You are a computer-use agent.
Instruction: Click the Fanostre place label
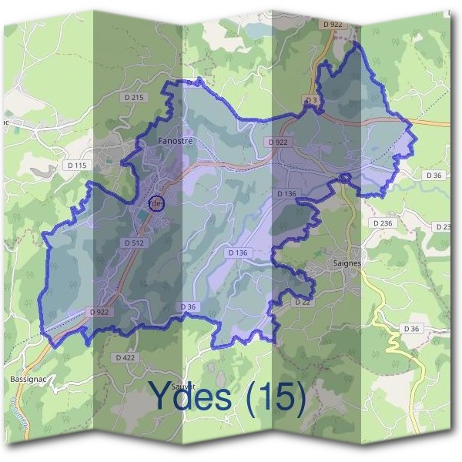pyautogui.click(x=174, y=142)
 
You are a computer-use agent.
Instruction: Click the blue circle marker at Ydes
pyautogui.click(x=157, y=202)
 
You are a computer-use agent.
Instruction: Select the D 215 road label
pyautogui.click(x=133, y=98)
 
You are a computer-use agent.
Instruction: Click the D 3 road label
pyautogui.click(x=311, y=100)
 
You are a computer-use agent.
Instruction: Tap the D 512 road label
pyautogui.click(x=134, y=243)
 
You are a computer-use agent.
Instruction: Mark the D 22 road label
pyautogui.click(x=302, y=303)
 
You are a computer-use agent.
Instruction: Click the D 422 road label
pyautogui.click(x=125, y=358)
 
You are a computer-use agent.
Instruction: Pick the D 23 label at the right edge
pyautogui.click(x=444, y=226)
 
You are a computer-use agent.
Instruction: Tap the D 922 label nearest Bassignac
pyautogui.click(x=99, y=312)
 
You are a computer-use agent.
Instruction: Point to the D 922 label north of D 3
pyautogui.click(x=333, y=25)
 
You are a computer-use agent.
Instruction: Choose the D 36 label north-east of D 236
pyautogui.click(x=434, y=176)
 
